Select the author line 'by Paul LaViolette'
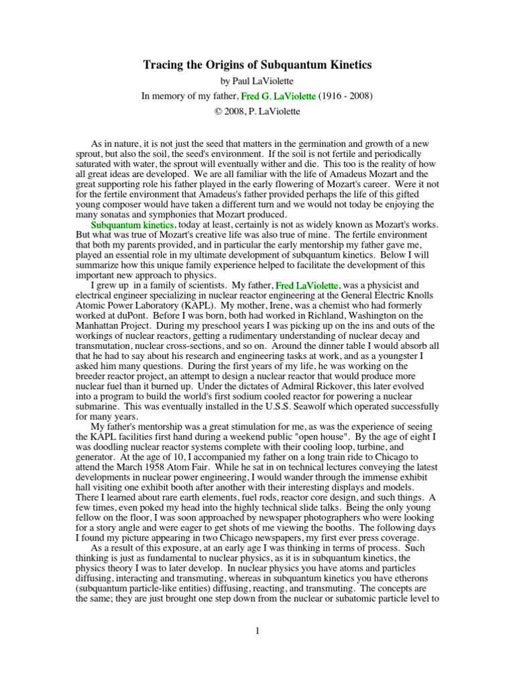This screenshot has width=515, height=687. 257,81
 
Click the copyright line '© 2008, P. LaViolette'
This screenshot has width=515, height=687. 257,111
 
